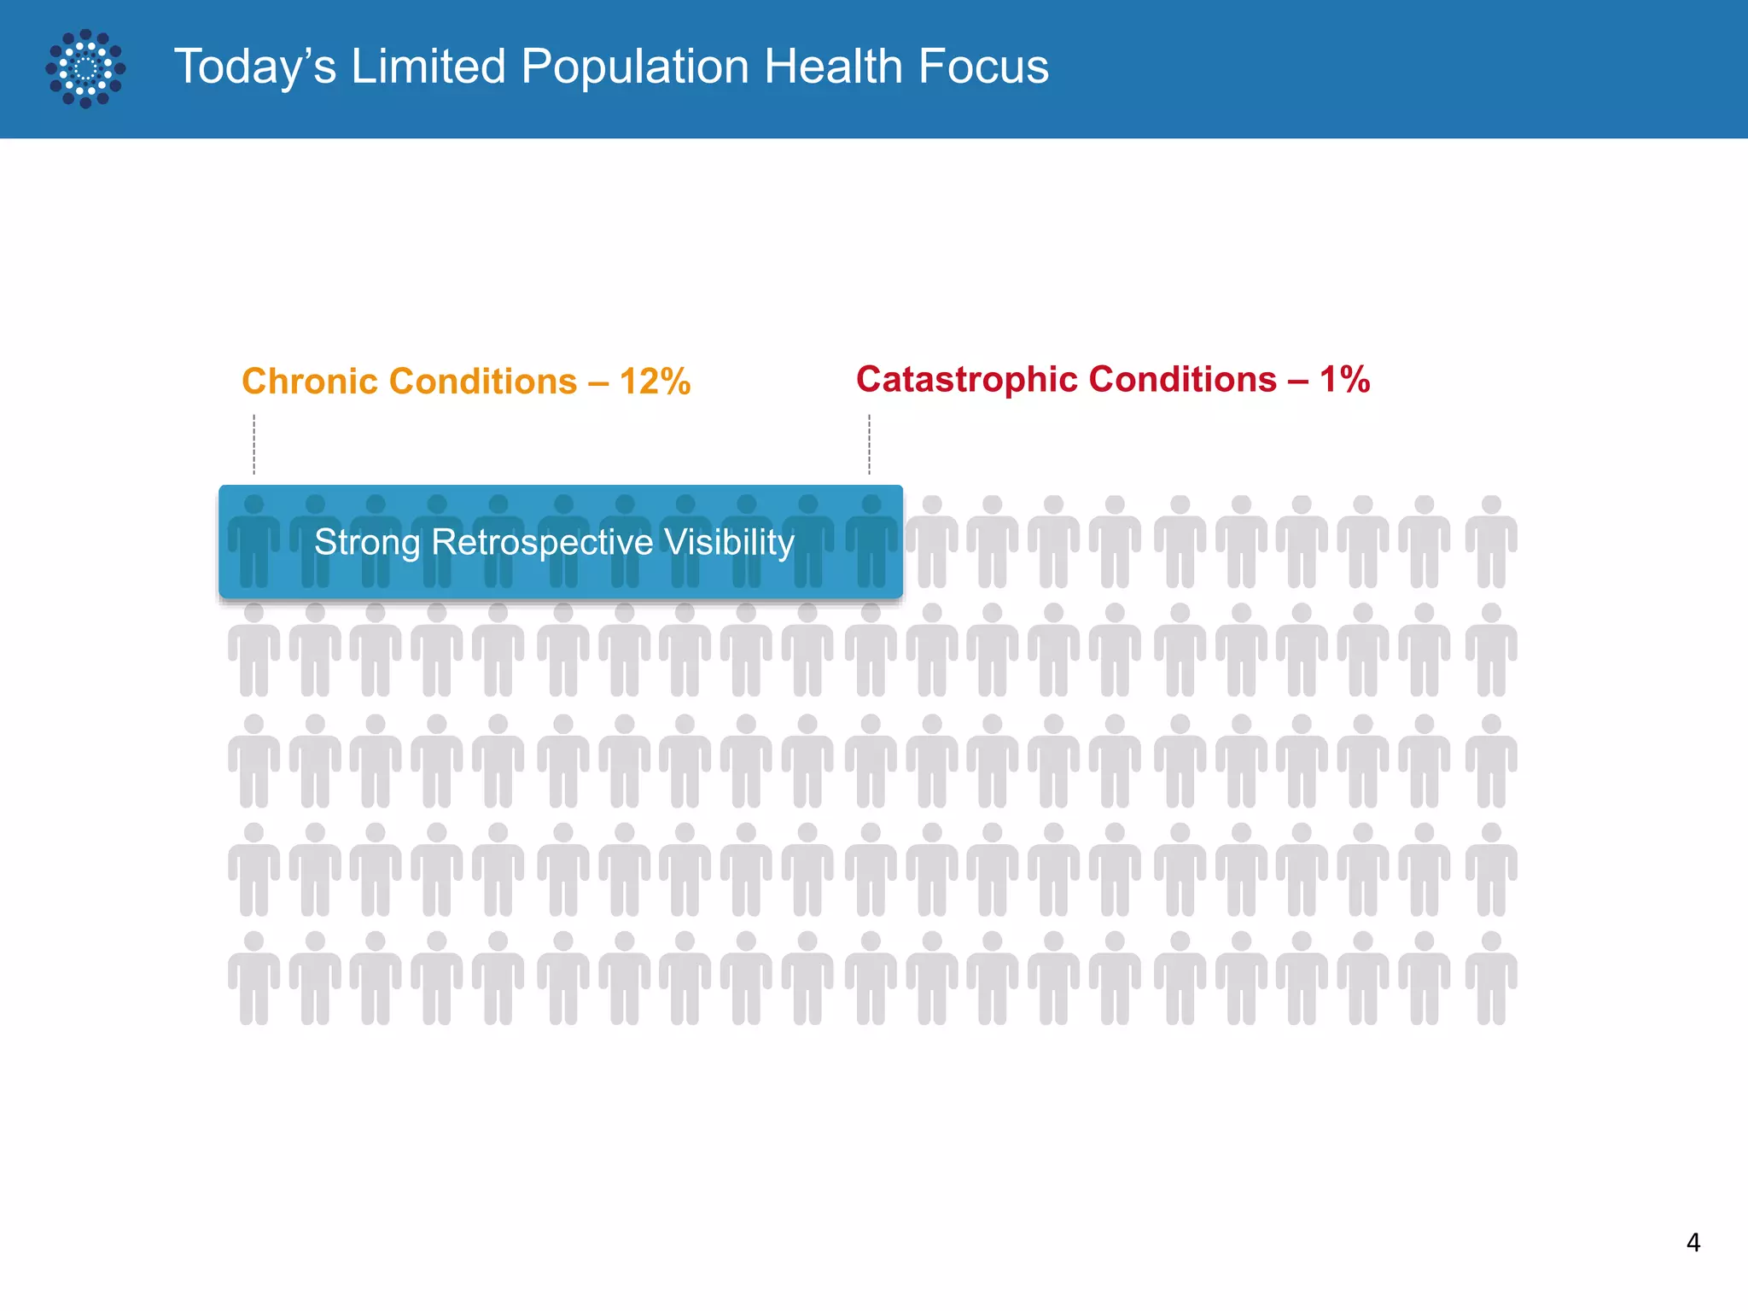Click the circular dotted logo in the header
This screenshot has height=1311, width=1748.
[85, 68]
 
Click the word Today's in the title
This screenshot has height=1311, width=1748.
[255, 67]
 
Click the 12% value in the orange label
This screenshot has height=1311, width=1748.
[655, 382]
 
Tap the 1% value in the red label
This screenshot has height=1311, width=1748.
[1344, 379]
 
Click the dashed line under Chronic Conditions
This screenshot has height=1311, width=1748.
[254, 444]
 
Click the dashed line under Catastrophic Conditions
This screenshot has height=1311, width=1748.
[869, 444]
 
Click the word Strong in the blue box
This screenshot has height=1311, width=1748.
[367, 543]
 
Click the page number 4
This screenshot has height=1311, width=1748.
[1693, 1242]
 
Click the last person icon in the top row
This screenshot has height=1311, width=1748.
[1491, 542]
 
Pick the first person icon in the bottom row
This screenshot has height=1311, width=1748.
[253, 978]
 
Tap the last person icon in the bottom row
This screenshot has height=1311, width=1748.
[1491, 978]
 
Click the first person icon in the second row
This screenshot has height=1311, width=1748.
[253, 650]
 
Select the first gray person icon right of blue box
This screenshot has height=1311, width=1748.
[932, 542]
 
